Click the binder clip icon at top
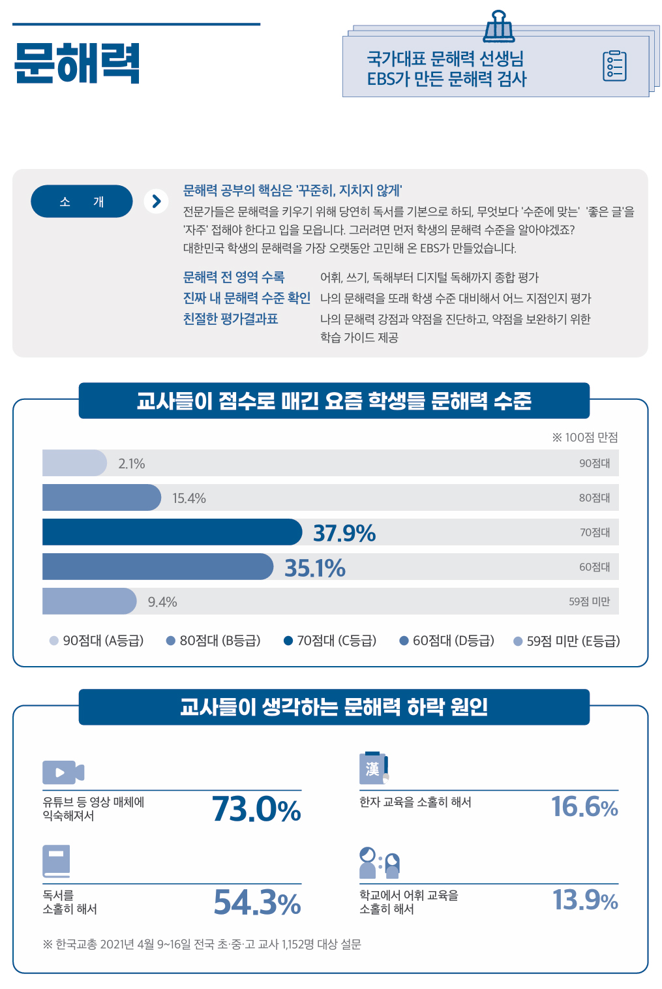point(499,26)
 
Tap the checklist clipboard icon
point(614,66)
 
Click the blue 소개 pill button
point(82,202)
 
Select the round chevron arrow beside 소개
point(156,202)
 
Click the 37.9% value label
point(344,533)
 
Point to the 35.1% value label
point(315,568)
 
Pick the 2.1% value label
point(132,464)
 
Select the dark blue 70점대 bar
point(172,532)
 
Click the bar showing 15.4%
point(101,498)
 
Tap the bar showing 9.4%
point(89,601)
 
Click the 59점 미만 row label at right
point(589,601)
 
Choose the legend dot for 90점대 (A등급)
point(54,641)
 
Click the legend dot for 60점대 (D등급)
point(404,641)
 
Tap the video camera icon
point(63,772)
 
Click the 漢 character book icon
point(374,769)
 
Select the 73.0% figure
point(256,810)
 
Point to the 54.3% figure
point(257,903)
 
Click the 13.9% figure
point(585,900)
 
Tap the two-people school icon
point(379,863)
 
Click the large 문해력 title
point(77,63)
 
